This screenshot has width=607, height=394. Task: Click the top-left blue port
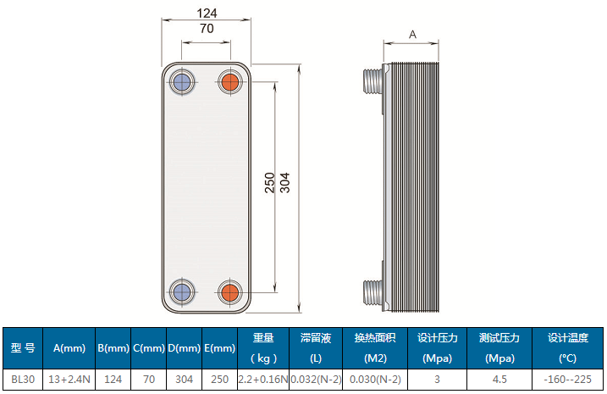pos(180,82)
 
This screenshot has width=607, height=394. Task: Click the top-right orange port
pos(230,82)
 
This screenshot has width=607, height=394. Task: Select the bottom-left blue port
pos(180,292)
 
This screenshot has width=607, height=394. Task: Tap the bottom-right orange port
pos(230,292)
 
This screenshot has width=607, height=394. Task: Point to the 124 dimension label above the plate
pos(206,13)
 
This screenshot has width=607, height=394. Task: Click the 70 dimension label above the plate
pos(206,29)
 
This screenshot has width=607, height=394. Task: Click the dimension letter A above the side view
pos(412,35)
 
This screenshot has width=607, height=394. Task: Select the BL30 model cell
pos(22,380)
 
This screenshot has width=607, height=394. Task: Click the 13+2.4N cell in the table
pos(69,380)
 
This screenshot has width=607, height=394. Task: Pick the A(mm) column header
pos(69,348)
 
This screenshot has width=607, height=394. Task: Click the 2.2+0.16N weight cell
pos(263,380)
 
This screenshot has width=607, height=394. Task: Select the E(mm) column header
pos(219,348)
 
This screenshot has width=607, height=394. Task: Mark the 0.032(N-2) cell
pos(315,380)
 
